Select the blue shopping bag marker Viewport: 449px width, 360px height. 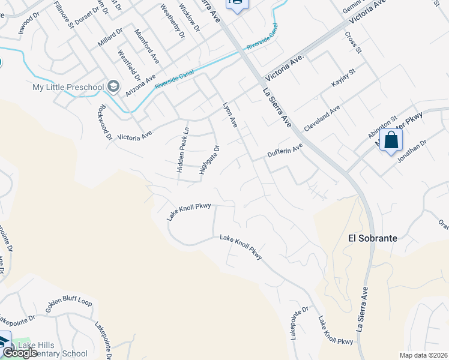391,140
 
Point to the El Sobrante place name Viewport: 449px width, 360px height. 373,238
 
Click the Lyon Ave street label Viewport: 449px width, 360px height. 230,115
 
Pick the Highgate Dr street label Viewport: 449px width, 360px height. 209,160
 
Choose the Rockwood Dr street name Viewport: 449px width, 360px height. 104,123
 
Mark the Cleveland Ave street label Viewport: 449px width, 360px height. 322,118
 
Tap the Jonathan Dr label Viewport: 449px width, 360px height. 410,151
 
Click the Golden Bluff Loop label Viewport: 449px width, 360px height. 68,304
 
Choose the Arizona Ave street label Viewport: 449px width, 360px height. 140,85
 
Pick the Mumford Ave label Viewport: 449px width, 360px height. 147,46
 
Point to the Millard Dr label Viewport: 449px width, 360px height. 109,37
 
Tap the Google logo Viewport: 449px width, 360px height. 20,353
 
